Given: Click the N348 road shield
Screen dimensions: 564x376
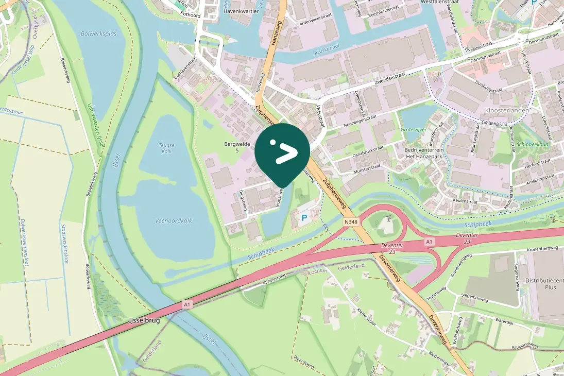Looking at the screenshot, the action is click(x=351, y=222).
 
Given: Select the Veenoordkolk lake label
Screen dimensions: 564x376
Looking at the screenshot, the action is click(x=174, y=220).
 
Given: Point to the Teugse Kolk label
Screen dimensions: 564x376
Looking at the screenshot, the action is click(x=166, y=148).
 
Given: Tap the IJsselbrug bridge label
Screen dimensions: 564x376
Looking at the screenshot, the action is click(x=144, y=320).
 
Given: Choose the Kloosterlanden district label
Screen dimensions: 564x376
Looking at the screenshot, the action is click(x=506, y=111).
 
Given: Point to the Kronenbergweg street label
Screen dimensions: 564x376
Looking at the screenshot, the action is click(x=542, y=248).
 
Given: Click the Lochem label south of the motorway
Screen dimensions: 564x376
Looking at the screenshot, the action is click(x=317, y=271).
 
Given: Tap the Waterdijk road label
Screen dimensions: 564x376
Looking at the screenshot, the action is click(x=505, y=320).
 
